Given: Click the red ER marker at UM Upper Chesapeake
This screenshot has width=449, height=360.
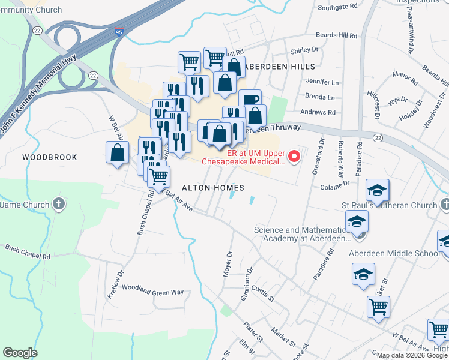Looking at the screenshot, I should pyautogui.click(x=294, y=157).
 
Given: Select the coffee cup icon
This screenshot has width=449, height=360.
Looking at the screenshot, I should pyautogui.click(x=250, y=100).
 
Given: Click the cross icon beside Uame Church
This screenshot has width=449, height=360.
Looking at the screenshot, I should pyautogui.click(x=58, y=204).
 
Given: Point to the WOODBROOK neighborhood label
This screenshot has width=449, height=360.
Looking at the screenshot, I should pyautogui.click(x=50, y=157).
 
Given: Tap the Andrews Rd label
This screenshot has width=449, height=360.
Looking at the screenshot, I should pyautogui.click(x=318, y=112).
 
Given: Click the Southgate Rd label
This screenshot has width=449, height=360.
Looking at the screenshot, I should pyautogui.click(x=338, y=8).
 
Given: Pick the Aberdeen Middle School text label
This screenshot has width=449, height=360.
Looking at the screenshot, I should pyautogui.click(x=394, y=253).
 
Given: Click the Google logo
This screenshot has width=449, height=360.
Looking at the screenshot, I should pyautogui.click(x=20, y=353).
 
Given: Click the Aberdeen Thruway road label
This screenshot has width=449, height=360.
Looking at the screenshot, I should pyautogui.click(x=273, y=128).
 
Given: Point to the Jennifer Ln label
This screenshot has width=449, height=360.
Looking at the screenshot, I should pyautogui.click(x=322, y=82).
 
